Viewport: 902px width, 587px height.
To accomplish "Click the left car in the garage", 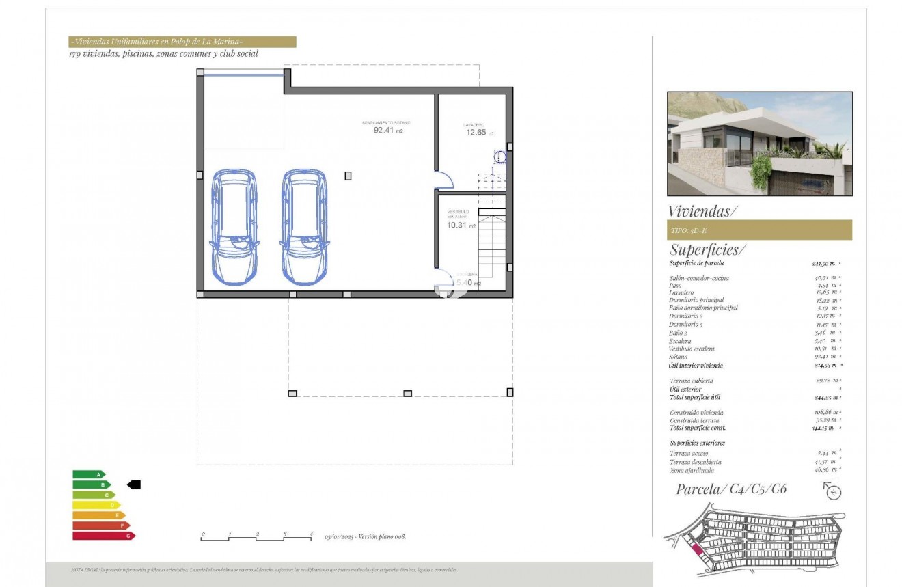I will point(234,228).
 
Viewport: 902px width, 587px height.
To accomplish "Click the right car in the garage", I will point(304,228).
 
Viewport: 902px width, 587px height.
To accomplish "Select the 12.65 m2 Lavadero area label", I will point(477,132).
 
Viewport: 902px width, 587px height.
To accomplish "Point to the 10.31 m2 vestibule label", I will point(458,225).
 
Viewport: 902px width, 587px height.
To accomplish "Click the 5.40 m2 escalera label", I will point(468,283).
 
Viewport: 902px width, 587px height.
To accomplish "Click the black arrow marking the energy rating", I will point(134,484).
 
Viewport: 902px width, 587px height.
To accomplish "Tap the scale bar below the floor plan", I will point(257,538).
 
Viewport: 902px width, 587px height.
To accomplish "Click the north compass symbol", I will point(833,491).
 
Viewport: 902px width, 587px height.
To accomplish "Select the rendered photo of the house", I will point(759,144).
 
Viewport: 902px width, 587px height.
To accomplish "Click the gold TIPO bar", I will point(759,230).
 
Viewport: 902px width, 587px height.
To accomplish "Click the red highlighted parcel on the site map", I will point(698,550).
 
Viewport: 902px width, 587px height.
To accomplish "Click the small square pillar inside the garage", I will point(348,176).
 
